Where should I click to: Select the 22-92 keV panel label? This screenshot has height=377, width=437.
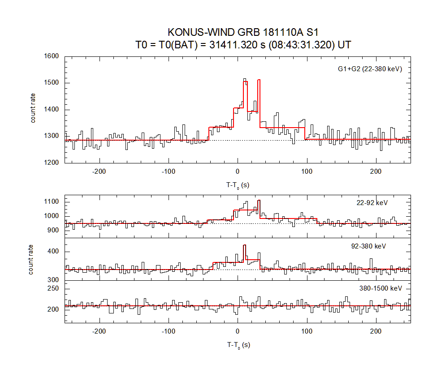click(x=369, y=203)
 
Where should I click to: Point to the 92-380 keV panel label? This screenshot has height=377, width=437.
click(x=368, y=246)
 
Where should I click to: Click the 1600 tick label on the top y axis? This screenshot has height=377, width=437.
click(x=52, y=56)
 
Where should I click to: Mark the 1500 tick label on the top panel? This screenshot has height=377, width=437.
click(x=52, y=83)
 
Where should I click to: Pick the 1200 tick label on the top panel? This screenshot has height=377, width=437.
click(x=52, y=163)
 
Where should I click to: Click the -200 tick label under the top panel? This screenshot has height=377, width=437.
click(x=99, y=171)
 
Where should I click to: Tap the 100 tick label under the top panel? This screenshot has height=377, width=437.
click(x=307, y=171)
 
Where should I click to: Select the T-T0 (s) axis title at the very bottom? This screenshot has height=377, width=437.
click(x=238, y=345)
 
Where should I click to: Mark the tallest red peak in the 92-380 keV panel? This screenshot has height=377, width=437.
click(x=244, y=245)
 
